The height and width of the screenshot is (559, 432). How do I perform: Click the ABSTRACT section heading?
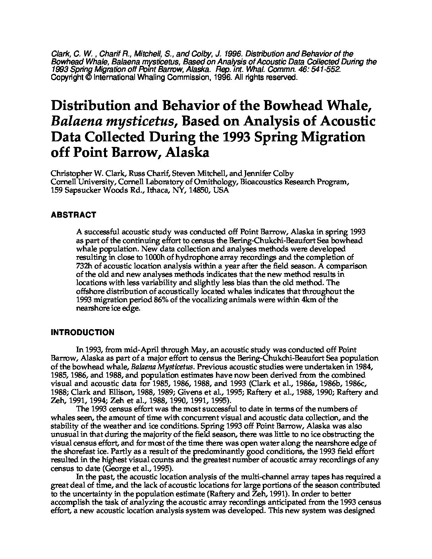(73, 215)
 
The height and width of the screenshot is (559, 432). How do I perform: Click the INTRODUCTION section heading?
(82, 332)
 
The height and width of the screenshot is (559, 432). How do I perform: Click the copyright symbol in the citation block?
(88, 78)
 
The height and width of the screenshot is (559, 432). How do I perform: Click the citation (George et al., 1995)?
(135, 468)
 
